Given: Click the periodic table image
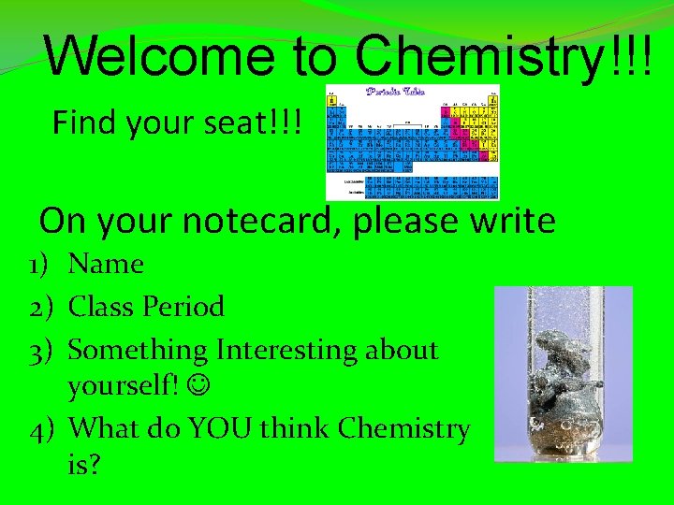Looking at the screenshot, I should point(412,142).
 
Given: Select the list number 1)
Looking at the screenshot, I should point(40,265).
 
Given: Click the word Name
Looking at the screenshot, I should point(106,265).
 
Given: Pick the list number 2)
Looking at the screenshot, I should point(40,307).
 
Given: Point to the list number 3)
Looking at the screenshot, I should point(40,350).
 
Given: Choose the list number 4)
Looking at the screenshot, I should point(40,428).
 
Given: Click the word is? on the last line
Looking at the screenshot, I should point(84,465).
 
